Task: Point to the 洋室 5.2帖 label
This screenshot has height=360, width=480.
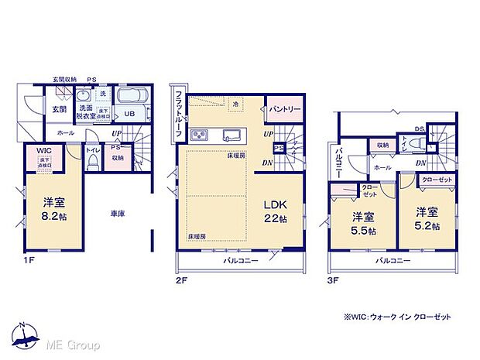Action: pyautogui.click(x=426, y=220)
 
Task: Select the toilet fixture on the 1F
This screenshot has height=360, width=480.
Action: pyautogui.click(x=93, y=160)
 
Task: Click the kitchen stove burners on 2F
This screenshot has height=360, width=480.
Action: pyautogui.click(x=200, y=135)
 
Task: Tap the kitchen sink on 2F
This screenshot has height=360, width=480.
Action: pyautogui.click(x=233, y=134)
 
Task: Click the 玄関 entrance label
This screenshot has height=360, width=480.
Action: pyautogui.click(x=60, y=110)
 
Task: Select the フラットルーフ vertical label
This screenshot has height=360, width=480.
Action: pyautogui.click(x=178, y=114)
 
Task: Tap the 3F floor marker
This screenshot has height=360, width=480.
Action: pyautogui.click(x=332, y=280)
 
